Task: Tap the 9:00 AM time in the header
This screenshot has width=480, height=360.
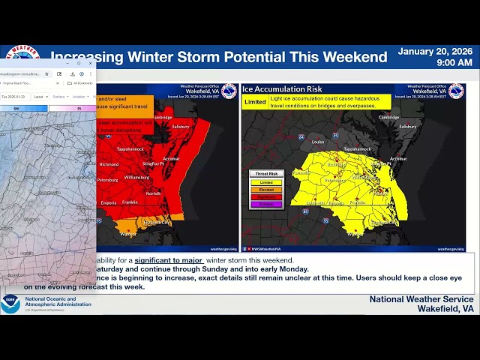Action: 454,63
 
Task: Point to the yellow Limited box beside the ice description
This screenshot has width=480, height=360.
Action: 256,101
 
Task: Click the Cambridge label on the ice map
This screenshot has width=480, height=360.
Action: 388,118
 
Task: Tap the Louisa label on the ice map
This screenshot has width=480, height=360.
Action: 318,140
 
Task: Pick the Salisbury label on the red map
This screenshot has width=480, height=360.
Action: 179,127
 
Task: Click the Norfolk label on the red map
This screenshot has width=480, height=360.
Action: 153,193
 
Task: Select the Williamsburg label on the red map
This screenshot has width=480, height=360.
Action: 136,178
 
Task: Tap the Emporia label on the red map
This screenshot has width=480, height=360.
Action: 109,202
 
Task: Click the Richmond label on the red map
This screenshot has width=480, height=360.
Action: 109,164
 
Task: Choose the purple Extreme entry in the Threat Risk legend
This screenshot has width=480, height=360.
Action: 266,204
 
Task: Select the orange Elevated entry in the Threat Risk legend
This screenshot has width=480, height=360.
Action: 266,189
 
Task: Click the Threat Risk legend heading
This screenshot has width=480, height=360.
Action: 266,174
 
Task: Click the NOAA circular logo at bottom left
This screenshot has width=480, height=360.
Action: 10,304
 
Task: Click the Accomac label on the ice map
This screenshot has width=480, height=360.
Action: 398,158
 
